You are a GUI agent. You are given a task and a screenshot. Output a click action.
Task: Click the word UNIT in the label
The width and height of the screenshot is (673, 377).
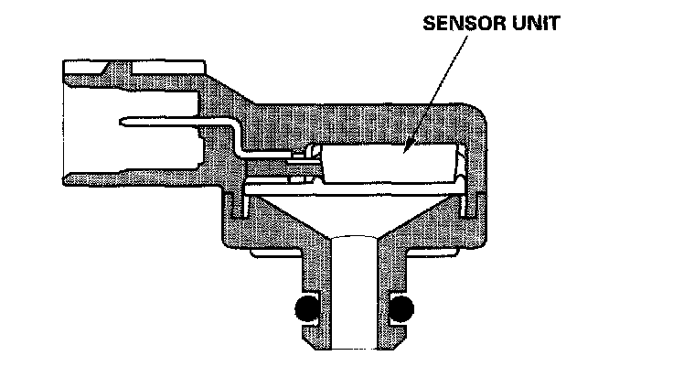pyautogui.click(x=533, y=24)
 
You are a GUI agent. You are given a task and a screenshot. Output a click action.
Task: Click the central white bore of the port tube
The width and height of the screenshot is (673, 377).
pyautogui.click(x=351, y=293)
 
